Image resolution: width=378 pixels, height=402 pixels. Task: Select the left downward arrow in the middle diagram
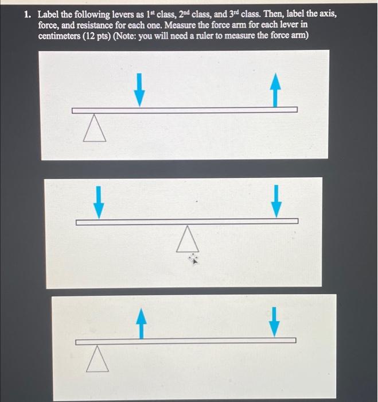(x=99, y=202)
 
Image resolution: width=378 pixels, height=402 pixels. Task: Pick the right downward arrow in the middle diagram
(x=277, y=202)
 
